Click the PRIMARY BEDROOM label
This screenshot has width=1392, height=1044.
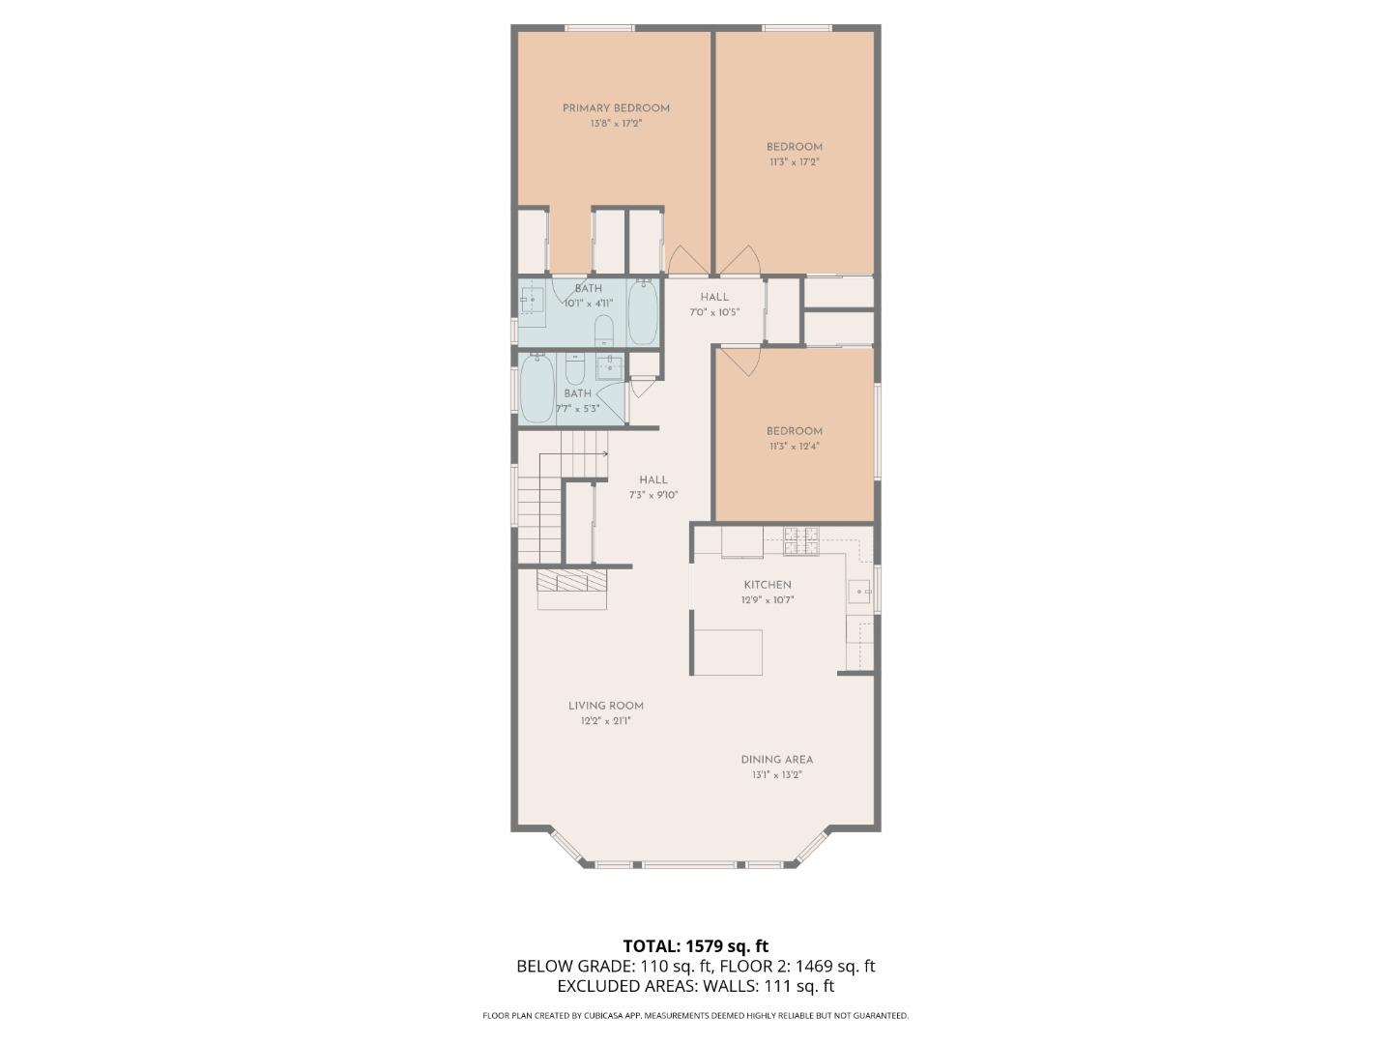[616, 108]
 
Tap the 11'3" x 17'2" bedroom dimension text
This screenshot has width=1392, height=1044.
[795, 162]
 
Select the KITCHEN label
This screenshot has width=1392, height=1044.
[768, 585]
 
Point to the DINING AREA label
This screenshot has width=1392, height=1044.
[777, 760]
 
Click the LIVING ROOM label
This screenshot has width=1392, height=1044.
[606, 706]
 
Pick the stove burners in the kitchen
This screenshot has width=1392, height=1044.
[801, 540]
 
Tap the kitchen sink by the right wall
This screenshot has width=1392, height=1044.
[858, 591]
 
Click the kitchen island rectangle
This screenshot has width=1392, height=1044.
[727, 652]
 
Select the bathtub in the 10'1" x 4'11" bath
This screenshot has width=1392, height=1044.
[643, 311]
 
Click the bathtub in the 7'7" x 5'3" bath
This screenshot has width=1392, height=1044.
[537, 389]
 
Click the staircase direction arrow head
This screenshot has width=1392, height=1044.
[604, 452]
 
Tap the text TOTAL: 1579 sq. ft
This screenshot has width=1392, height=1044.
[696, 946]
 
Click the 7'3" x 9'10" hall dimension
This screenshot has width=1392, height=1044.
[653, 495]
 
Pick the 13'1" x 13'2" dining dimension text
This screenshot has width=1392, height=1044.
[777, 775]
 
